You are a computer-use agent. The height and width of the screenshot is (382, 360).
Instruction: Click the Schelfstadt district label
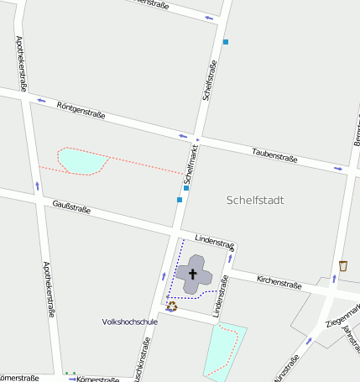pyautogui.click(x=256, y=201)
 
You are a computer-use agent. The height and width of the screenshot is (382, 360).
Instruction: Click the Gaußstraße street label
pyautogui.click(x=71, y=207)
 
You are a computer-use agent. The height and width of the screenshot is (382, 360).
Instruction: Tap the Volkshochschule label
pyautogui.click(x=129, y=322)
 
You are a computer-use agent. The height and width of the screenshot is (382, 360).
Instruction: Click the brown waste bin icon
pyautogui.click(x=343, y=266)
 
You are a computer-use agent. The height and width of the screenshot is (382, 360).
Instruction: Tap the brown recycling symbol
pyautogui.click(x=172, y=306)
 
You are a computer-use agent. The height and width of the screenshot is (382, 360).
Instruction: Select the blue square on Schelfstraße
pyautogui.click(x=225, y=41)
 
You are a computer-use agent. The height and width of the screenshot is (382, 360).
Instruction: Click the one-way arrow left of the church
pyautogui.click(x=164, y=276)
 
